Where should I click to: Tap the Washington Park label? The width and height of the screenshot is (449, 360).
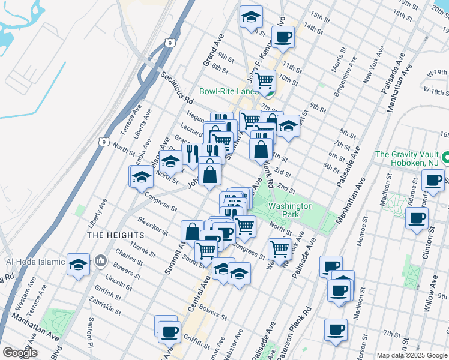pyautogui.click(x=291, y=210)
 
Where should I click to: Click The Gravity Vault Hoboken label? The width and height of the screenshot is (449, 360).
pyautogui.click(x=408, y=158)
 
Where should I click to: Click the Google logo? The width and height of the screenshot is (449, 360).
pyautogui.click(x=19, y=353)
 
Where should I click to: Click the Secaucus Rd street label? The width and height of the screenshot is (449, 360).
pyautogui.click(x=176, y=88)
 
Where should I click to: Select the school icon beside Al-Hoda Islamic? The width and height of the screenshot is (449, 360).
pyautogui.click(x=78, y=265)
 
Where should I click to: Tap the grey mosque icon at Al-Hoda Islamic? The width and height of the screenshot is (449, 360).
pyautogui.click(x=100, y=262)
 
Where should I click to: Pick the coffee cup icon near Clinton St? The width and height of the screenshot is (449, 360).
pyautogui.click(x=417, y=218)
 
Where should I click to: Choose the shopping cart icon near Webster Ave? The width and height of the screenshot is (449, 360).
pyautogui.click(x=280, y=248)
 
